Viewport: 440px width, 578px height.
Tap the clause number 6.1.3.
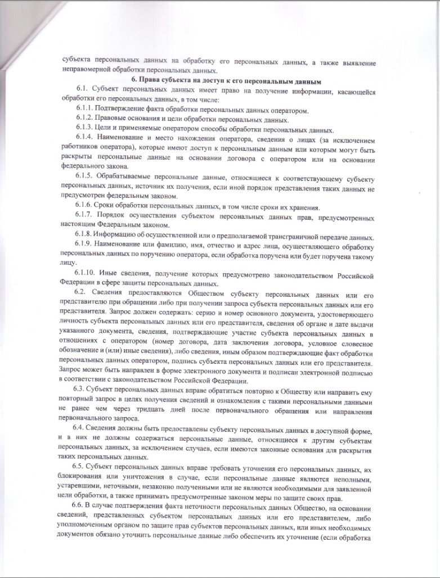click(x=84, y=129)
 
